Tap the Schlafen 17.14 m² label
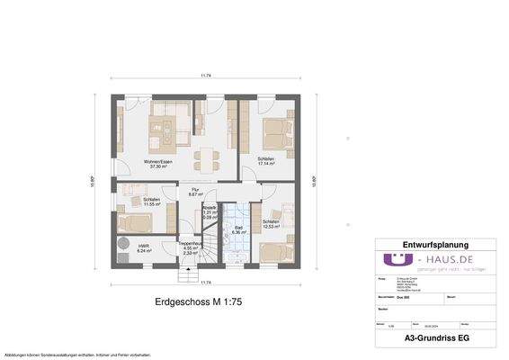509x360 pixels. pyautogui.click(x=266, y=162)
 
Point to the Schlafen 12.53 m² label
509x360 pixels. pyautogui.click(x=271, y=224)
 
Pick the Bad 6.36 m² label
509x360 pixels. pyautogui.click(x=239, y=230)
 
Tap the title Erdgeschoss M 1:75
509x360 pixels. pyautogui.click(x=207, y=303)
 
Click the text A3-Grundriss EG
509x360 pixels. pyautogui.click(x=435, y=338)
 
